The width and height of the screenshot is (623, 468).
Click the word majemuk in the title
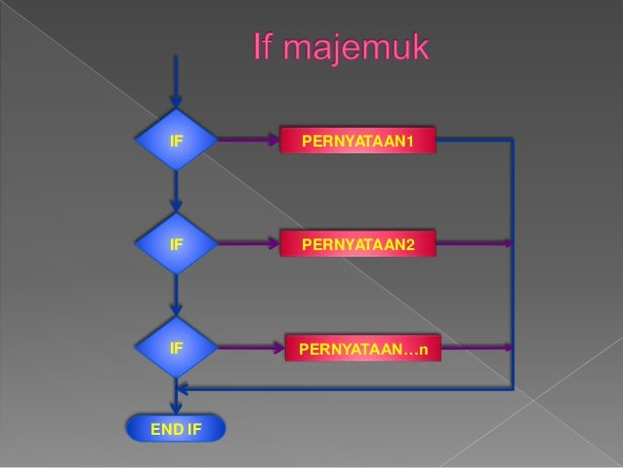[364, 49]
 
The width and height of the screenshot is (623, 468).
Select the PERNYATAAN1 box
[357, 144]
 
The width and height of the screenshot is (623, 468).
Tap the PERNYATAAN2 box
[357, 243]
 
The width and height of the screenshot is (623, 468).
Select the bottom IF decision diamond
[176, 347]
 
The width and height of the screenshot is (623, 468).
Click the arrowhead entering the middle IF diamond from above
[176, 205]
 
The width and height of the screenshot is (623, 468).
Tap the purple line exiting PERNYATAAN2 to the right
[474, 242]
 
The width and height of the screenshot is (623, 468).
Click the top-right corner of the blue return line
[513, 141]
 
